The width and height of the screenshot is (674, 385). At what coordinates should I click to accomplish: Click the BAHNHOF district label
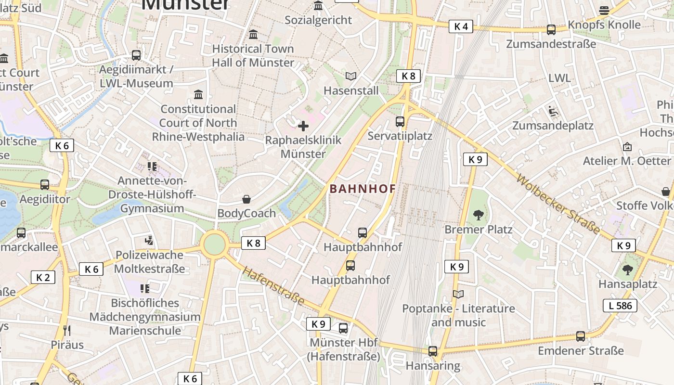pos(363,189)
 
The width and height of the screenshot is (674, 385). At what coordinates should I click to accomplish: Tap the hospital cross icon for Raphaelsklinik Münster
pos(303,127)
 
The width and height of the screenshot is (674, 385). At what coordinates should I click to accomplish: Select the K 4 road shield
pos(461,26)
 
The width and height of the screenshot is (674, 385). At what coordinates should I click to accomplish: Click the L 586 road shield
pos(620,305)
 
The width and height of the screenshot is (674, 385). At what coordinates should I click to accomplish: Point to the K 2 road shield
pos(43,277)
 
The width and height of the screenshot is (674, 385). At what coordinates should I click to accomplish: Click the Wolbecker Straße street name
pos(558,205)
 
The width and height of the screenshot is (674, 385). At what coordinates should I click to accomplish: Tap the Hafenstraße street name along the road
pos(273,286)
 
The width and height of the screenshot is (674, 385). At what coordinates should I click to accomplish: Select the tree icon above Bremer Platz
pos(478,215)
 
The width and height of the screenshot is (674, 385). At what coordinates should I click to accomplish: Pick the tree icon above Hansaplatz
pos(628,269)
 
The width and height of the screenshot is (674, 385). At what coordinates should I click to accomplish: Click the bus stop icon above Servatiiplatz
pos(400,121)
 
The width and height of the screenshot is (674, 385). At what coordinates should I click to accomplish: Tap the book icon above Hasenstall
pos(351,77)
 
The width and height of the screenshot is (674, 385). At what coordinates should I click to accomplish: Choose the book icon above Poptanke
pos(458,294)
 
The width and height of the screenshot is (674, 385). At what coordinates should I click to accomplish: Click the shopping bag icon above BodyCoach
pos(246,199)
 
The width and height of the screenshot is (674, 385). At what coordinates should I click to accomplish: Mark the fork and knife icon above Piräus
pos(67,330)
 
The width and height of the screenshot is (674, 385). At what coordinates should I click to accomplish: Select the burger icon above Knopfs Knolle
pos(604,10)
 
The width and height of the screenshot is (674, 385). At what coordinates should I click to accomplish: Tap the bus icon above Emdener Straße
pos(581,336)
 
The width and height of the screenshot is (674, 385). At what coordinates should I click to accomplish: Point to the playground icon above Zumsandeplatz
pos(553,111)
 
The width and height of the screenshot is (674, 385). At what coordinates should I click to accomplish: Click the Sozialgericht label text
pos(318,20)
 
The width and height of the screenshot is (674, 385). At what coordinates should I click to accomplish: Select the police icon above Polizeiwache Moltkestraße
pos(149,240)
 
